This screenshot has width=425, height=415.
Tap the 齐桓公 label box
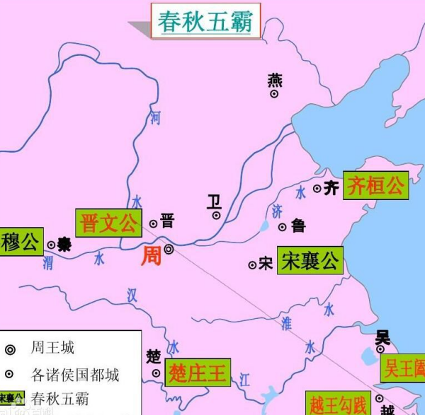375,186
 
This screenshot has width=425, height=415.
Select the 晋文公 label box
109,224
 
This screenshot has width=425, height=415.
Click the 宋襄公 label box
310,262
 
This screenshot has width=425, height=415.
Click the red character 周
151,256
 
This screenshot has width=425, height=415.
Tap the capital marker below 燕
274,93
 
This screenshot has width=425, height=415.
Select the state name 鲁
298,226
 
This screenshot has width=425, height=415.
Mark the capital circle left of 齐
317,189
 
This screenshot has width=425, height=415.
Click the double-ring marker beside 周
169,249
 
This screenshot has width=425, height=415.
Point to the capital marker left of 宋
252,265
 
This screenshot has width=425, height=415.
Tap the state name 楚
154,356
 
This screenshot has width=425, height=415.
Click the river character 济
276,210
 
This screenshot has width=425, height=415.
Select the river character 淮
286,323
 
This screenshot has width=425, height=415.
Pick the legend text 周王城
52,348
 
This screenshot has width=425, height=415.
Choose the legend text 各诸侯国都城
75,374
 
